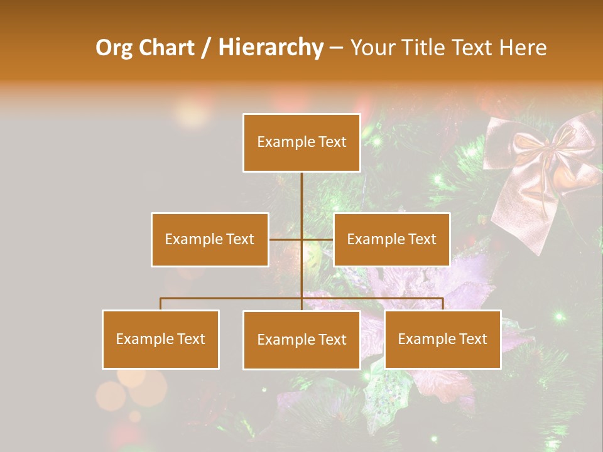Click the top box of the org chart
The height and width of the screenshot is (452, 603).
(x=301, y=143)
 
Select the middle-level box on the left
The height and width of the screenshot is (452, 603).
(x=210, y=239)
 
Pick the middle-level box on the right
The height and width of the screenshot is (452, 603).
(x=391, y=239)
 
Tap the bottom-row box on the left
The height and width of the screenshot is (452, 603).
(x=161, y=339)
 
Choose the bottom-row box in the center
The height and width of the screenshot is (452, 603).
(x=301, y=340)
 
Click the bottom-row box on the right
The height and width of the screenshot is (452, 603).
(x=442, y=339)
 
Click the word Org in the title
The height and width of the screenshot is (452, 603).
(x=114, y=48)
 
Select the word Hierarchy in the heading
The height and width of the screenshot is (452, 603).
(x=270, y=48)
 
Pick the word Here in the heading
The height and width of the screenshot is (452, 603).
(x=523, y=48)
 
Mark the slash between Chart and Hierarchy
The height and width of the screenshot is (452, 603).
(x=206, y=48)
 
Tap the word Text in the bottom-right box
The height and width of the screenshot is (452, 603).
(x=473, y=339)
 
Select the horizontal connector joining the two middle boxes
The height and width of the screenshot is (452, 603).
(x=301, y=239)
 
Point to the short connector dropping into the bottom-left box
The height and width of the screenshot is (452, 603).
(x=161, y=304)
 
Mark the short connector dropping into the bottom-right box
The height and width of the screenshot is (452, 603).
(x=443, y=304)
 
